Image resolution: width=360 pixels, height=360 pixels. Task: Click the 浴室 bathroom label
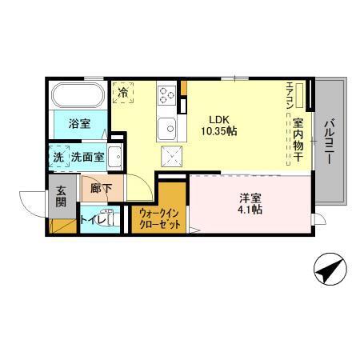[78, 124]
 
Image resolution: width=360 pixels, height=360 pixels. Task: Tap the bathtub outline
[78, 97]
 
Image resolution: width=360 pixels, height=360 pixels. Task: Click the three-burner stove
[167, 95]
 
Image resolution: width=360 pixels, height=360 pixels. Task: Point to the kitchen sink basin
[167, 126]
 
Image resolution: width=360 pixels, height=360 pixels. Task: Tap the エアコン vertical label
[290, 96]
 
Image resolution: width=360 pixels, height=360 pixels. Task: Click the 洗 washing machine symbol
[58, 157]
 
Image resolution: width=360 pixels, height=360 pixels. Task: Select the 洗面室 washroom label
[87, 158]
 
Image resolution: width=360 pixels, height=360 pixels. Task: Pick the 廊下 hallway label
[101, 190]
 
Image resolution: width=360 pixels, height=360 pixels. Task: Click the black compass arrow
[330, 270]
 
